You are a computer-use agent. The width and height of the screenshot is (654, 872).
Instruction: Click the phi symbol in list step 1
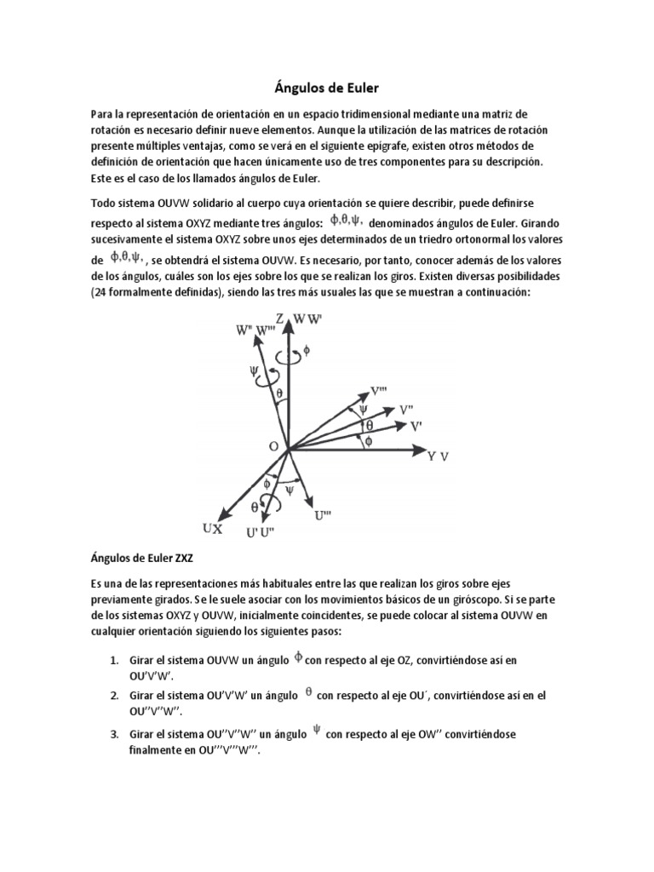point(298,657)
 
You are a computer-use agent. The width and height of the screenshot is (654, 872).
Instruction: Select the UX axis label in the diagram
point(212,529)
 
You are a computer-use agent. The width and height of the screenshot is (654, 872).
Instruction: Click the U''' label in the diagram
point(324,513)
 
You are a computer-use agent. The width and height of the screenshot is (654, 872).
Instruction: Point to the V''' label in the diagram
point(381,391)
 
